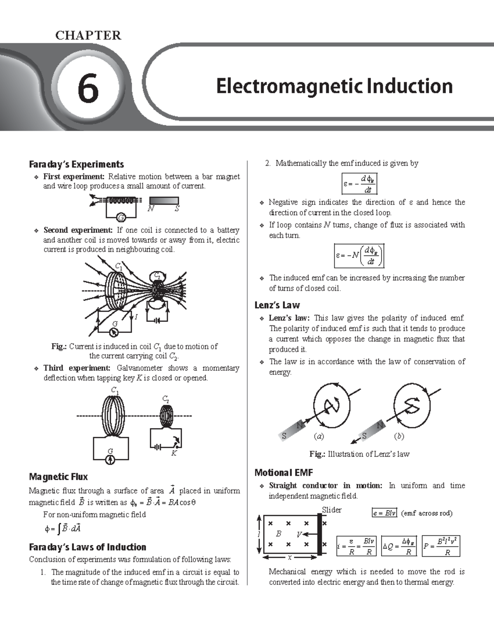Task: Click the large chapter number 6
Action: click(x=88, y=88)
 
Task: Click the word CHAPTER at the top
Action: click(x=88, y=35)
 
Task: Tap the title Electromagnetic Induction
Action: click(x=334, y=87)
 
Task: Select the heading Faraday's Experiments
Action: click(x=76, y=164)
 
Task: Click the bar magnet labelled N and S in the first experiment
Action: click(x=164, y=202)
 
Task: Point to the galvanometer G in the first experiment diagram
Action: click(x=121, y=217)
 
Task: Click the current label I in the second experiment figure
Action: click(x=136, y=316)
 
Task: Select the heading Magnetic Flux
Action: click(x=58, y=477)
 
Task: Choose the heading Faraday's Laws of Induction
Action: click(x=87, y=547)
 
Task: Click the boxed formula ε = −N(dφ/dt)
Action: click(x=359, y=256)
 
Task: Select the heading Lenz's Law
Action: click(x=277, y=305)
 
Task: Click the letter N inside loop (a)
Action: click(x=332, y=406)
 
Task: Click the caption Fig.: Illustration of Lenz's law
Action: click(x=359, y=454)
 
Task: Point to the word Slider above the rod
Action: click(x=331, y=510)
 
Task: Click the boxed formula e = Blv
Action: click(x=384, y=513)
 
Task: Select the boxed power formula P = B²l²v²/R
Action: click(x=441, y=546)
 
